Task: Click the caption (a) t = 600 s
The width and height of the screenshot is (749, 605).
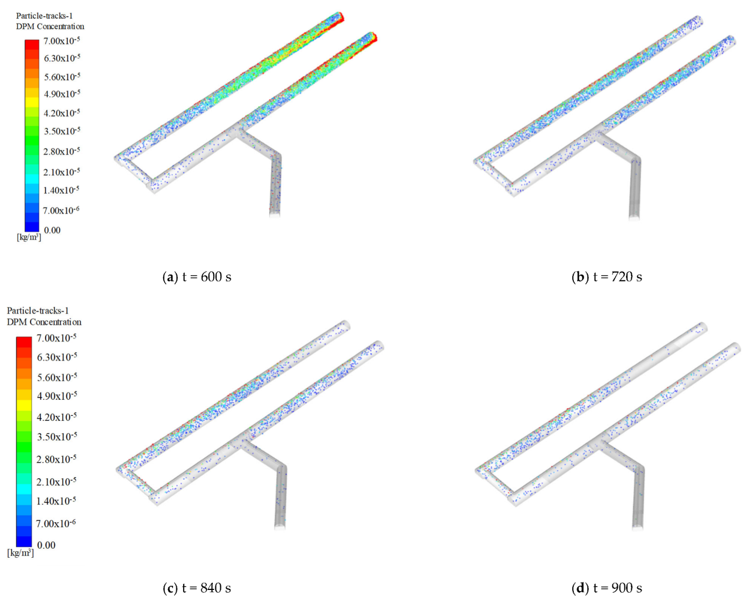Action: coord(197,277)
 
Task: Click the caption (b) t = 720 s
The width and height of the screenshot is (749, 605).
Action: coord(607,277)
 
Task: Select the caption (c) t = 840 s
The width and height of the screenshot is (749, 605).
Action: coord(197,588)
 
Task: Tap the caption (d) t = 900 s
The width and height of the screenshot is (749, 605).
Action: coord(607,588)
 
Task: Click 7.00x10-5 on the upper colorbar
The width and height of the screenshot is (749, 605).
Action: coord(62,41)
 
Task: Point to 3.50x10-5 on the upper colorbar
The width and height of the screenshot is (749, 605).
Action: coord(62,131)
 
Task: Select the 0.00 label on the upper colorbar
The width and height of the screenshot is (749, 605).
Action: coord(52,231)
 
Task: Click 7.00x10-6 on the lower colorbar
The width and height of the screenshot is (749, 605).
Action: coord(56,523)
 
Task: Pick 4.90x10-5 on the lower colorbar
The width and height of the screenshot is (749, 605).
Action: coord(56,396)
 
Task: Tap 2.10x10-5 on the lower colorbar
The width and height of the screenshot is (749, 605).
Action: coord(56,481)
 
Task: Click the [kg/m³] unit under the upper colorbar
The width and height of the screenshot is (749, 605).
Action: coord(29,237)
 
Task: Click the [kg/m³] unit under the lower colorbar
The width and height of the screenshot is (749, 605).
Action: coord(20,553)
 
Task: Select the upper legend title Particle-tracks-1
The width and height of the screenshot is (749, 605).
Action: coord(44,16)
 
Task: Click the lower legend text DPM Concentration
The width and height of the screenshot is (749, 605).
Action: coord(44,322)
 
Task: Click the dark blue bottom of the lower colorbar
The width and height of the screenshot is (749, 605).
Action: coord(24,542)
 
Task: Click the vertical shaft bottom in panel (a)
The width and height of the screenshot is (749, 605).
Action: coord(275,212)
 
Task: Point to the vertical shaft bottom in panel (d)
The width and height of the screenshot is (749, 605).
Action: coord(637,525)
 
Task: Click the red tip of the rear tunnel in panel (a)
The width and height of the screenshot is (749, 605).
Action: coord(340,17)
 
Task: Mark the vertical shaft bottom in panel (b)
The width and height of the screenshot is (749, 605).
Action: coord(634,215)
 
